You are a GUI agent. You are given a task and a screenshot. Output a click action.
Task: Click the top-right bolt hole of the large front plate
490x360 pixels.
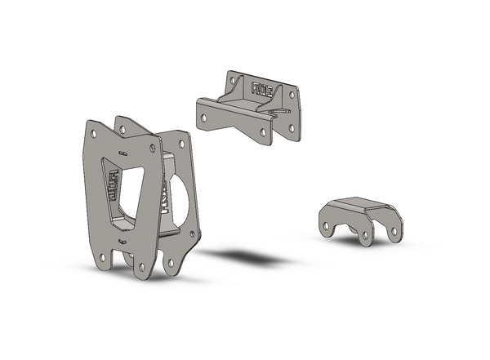click(x=152, y=148)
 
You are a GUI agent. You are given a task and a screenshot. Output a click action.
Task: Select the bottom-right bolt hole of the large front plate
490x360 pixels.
click(x=142, y=266)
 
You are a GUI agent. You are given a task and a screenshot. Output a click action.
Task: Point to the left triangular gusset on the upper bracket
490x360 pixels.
click(x=230, y=98)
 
